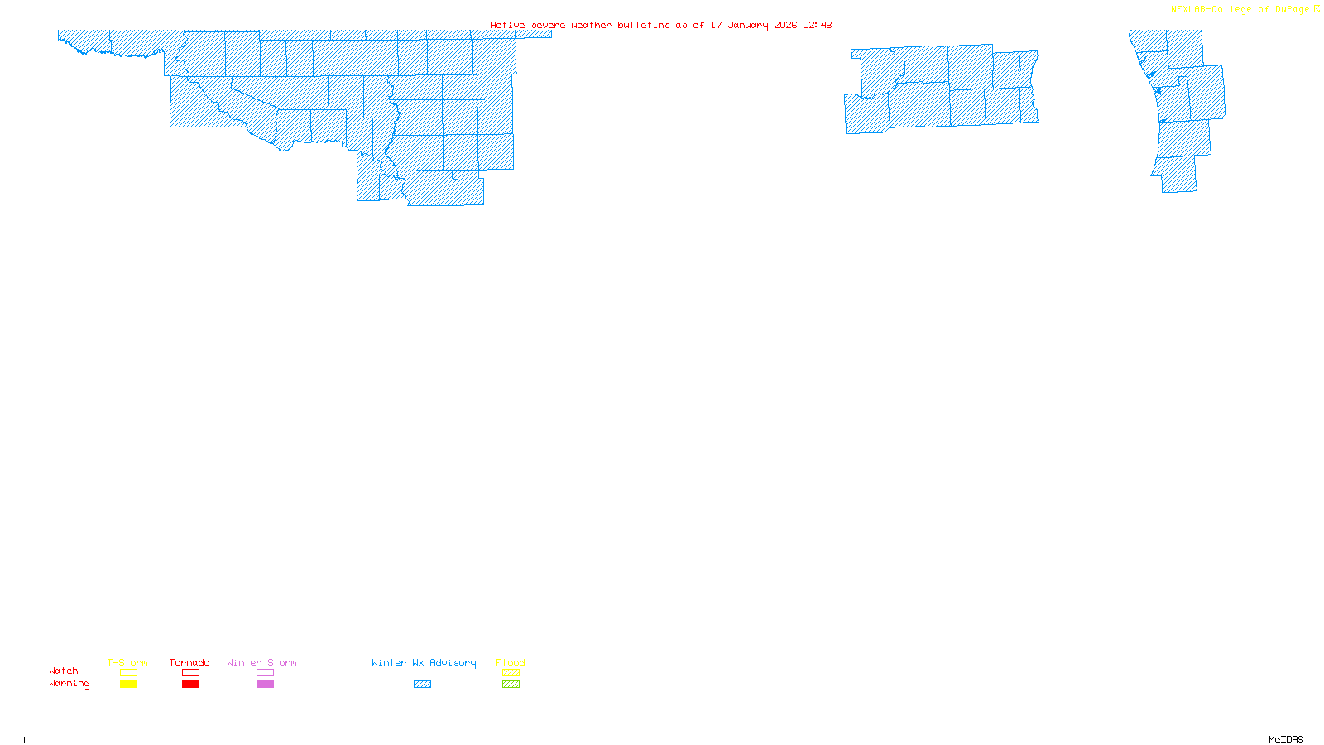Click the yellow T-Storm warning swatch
click(x=128, y=685)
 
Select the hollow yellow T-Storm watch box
click(x=128, y=673)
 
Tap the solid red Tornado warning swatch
click(x=190, y=685)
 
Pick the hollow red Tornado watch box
click(x=190, y=673)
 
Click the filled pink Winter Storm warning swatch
click(x=265, y=685)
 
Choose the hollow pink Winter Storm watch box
click(x=265, y=673)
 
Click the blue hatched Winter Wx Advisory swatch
click(x=422, y=685)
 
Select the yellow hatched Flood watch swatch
click(x=511, y=673)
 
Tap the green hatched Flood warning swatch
click(x=511, y=685)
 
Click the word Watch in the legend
click(x=64, y=671)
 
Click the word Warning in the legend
click(x=70, y=684)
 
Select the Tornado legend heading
click(x=189, y=662)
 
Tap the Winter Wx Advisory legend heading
click(x=424, y=662)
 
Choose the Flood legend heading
click(x=511, y=662)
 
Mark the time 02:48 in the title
click(x=818, y=25)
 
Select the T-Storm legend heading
click(x=127, y=662)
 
